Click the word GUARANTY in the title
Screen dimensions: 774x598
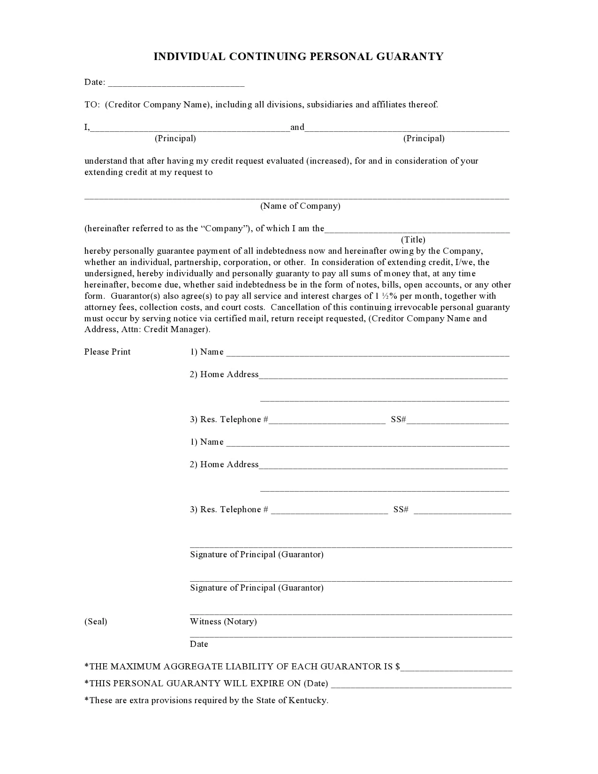point(409,57)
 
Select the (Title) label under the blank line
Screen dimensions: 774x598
point(413,240)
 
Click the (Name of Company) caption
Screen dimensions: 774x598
point(300,206)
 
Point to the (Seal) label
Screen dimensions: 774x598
point(96,622)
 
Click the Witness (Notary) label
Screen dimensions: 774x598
point(223,622)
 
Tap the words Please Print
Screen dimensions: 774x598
point(107,352)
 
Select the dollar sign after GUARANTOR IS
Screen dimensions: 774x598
point(398,667)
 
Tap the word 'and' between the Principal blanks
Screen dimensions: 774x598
point(297,127)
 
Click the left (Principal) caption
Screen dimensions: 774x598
point(175,138)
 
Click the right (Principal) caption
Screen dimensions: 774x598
point(424,138)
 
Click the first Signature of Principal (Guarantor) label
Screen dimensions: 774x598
point(257,554)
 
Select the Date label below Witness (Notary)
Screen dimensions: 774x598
point(199,644)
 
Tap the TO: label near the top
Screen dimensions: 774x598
point(92,105)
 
